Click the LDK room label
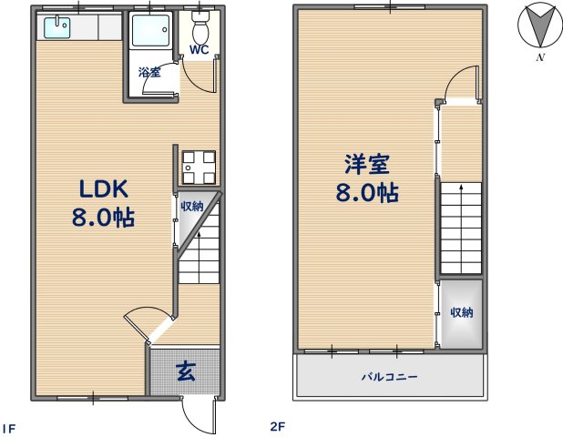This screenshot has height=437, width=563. [x=103, y=188]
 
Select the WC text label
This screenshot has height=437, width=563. [x=199, y=50]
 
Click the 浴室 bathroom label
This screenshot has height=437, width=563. [x=149, y=73]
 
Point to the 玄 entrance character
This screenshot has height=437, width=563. [x=184, y=371]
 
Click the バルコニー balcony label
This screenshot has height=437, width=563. [x=388, y=375]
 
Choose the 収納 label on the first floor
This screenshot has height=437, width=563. [x=190, y=207]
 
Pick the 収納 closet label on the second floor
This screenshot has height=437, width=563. [x=462, y=312]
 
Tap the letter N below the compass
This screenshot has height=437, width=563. [x=540, y=58]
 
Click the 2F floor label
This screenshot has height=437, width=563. [x=277, y=425]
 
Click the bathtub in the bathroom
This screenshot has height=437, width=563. [x=150, y=34]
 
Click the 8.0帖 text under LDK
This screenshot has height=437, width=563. [x=103, y=219]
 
